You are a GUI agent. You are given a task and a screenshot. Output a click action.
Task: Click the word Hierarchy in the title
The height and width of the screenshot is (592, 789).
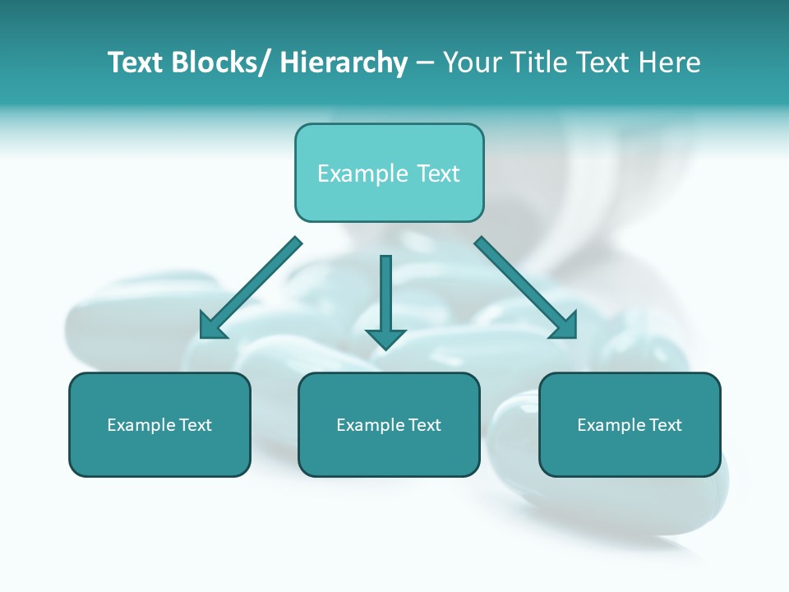tap(344, 62)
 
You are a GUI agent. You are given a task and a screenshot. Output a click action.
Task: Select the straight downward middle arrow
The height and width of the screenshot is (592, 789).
tap(385, 296)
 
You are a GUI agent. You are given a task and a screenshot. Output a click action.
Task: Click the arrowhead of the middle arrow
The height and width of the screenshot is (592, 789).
tap(385, 338)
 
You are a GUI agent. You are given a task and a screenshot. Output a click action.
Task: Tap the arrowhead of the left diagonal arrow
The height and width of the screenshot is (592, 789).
tap(213, 326)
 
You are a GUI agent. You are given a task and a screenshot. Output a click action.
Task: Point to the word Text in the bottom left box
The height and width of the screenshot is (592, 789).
tap(196, 425)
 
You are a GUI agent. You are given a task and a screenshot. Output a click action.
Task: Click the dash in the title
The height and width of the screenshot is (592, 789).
tap(425, 63)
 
